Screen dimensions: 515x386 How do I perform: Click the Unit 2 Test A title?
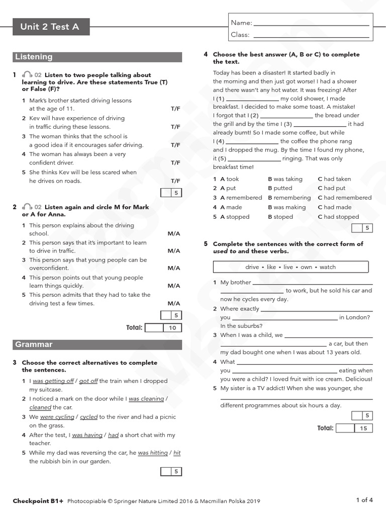[50, 27]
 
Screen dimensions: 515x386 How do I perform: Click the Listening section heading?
[34, 57]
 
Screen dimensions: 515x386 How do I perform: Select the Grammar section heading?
[34, 345]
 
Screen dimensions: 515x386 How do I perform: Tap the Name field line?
[312, 23]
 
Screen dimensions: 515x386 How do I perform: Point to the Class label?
[240, 35]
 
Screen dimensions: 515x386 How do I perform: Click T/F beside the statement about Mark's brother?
[175, 109]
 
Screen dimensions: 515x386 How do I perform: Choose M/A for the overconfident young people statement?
[174, 268]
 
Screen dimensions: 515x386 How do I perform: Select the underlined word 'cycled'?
[89, 417]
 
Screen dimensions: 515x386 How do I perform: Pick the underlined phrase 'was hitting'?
[153, 453]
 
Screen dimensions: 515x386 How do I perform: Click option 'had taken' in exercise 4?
[337, 179]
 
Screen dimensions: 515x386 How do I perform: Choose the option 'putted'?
[282, 188]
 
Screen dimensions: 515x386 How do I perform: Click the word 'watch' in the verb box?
[328, 267]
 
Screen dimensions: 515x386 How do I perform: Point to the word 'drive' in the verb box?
[252, 267]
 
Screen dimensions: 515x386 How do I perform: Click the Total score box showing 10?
[172, 328]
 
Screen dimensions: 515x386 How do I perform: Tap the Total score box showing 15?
[363, 428]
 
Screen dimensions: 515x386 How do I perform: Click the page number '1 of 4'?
[364, 500]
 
